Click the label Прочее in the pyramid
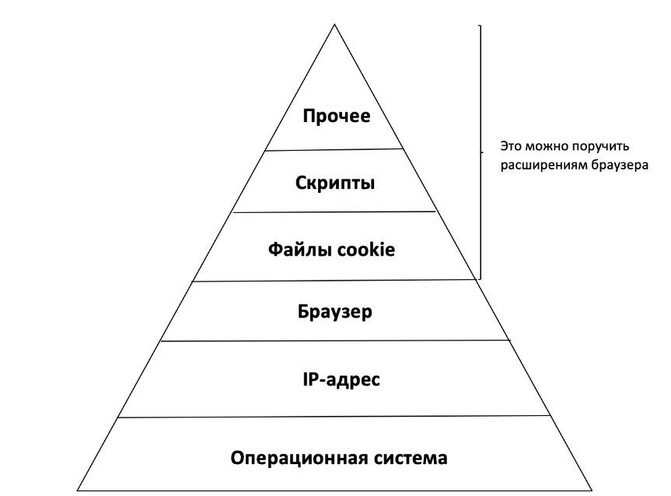tap(336, 117)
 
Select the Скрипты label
tap(335, 183)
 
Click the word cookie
tap(365, 250)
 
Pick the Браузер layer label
tap(335, 312)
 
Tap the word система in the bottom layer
tap(410, 457)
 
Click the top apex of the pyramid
tap(335, 25)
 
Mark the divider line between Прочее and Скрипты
tap(335, 149)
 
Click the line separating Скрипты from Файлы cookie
tap(335, 211)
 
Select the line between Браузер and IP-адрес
tap(335, 341)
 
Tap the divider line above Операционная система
tap(335, 417)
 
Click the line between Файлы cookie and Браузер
tap(335, 281)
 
